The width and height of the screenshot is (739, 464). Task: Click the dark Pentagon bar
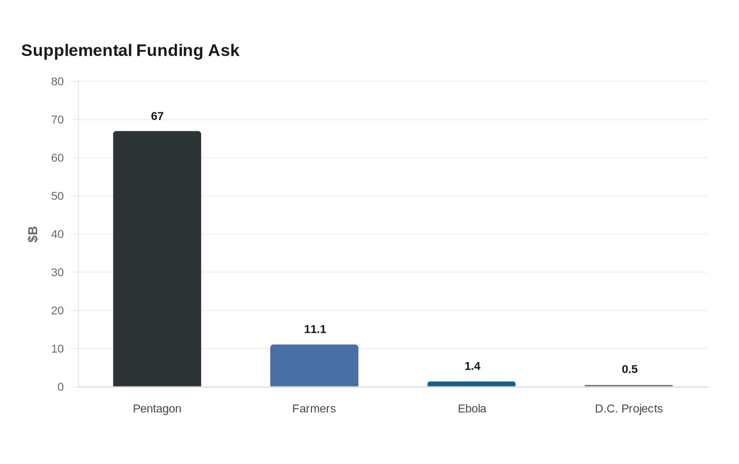click(157, 259)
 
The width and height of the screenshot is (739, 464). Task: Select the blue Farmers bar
click(314, 365)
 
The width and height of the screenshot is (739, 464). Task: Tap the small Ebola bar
click(471, 384)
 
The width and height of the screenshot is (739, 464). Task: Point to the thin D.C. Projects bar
click(629, 385)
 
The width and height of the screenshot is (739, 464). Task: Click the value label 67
click(157, 116)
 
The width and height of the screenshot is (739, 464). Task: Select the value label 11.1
click(315, 329)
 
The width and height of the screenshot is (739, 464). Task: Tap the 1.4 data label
click(472, 366)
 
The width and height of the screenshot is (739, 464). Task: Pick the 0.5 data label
click(629, 369)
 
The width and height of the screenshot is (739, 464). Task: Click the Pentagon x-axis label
click(157, 409)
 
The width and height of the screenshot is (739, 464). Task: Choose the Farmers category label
click(314, 409)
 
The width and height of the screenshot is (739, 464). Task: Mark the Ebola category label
click(472, 409)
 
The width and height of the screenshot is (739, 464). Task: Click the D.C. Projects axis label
click(629, 409)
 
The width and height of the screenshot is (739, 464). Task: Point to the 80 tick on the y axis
click(58, 81)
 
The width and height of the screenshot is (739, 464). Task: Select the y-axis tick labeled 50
click(58, 196)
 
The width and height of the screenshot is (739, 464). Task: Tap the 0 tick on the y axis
click(60, 387)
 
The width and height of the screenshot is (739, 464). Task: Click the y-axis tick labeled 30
click(58, 272)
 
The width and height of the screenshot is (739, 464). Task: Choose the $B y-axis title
click(33, 234)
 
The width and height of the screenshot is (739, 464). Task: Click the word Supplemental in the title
click(77, 51)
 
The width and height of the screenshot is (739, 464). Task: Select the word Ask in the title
click(223, 51)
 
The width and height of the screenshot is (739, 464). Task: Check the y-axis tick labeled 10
click(58, 349)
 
